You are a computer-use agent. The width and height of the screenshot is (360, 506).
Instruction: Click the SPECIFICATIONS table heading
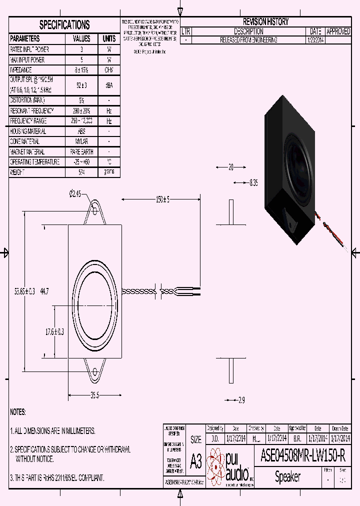click(64, 25)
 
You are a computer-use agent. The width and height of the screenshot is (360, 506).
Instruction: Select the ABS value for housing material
click(81, 131)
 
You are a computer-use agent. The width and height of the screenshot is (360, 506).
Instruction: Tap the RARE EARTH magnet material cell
click(81, 152)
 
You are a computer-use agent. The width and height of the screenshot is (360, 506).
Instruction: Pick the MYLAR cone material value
click(81, 141)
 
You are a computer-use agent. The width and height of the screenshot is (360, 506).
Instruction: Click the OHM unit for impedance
click(109, 70)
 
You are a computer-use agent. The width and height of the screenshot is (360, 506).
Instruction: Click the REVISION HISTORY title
click(265, 22)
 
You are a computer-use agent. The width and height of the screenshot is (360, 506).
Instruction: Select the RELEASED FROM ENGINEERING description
click(248, 40)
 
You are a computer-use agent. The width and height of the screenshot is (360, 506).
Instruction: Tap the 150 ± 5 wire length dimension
click(162, 199)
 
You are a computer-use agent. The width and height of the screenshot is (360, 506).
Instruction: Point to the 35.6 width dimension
click(94, 395)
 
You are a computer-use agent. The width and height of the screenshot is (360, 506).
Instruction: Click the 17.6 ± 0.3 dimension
click(55, 331)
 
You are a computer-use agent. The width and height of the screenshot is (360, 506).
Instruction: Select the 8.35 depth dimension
click(253, 183)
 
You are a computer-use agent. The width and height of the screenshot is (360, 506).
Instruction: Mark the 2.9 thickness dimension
click(241, 400)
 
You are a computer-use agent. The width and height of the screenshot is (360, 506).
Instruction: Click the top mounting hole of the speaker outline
click(94, 211)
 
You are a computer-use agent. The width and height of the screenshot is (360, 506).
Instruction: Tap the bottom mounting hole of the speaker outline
click(94, 371)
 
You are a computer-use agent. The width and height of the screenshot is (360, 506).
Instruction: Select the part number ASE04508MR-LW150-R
click(303, 456)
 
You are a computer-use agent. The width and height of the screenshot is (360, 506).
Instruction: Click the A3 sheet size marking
click(196, 461)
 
